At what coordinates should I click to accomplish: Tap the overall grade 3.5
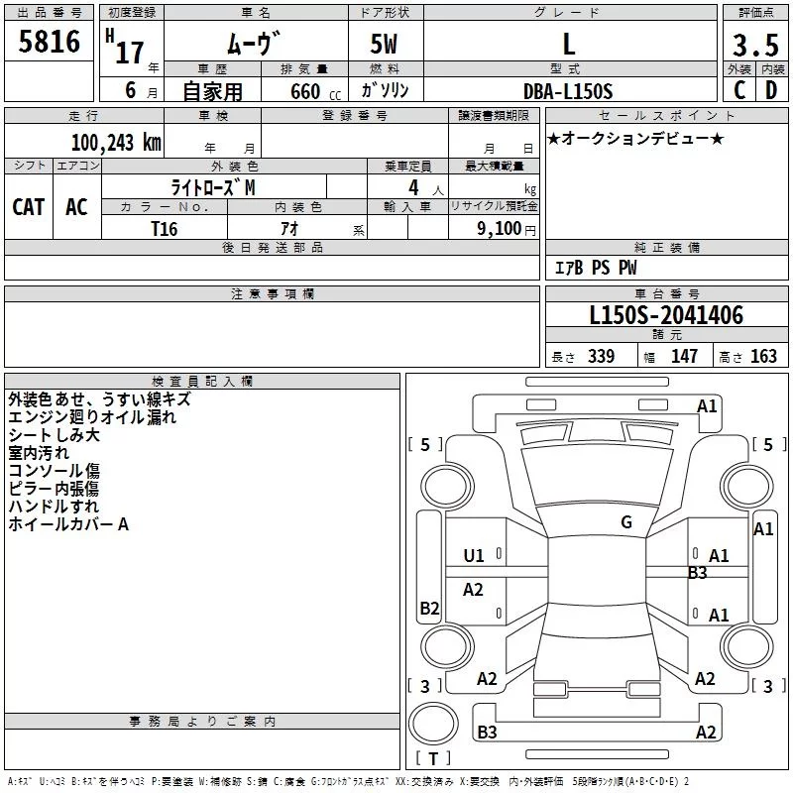pos(754,46)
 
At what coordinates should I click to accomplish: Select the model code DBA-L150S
pos(569,91)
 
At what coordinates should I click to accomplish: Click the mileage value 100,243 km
pos(116,143)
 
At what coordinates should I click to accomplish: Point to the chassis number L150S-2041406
pos(666,316)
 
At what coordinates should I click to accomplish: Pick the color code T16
pos(165,227)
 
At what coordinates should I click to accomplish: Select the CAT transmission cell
pos(29,206)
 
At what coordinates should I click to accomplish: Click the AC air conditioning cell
pos(76,206)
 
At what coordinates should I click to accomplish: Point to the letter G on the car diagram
pos(626,521)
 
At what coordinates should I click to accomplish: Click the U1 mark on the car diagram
pos(474,556)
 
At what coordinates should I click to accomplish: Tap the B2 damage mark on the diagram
pos(429,609)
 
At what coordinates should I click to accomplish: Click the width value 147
pos(684,357)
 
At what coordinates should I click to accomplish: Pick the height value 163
pos(763,357)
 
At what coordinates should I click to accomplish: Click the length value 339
pos(601,357)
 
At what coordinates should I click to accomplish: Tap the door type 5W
pos(384,46)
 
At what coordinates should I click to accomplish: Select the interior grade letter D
pos(771,90)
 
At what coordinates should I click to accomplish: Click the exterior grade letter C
pos(739,90)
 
